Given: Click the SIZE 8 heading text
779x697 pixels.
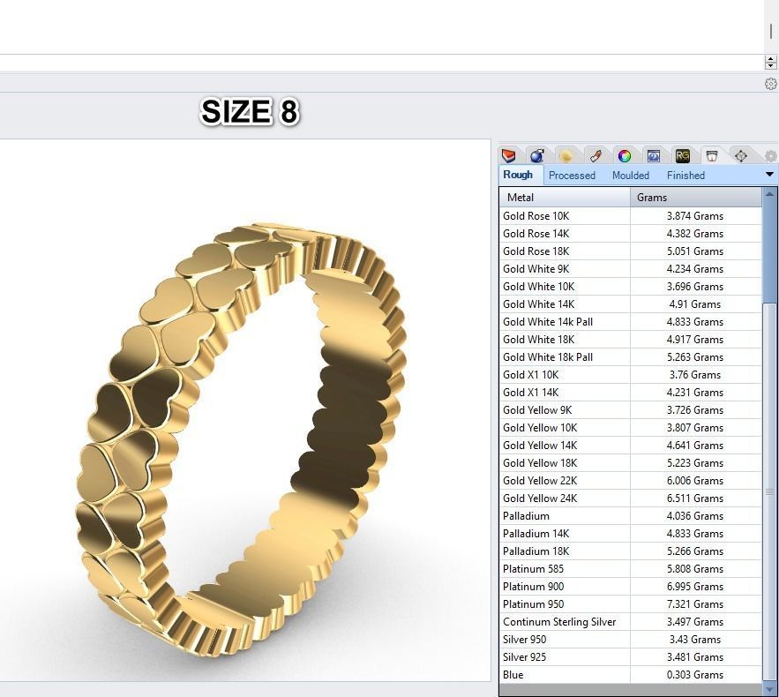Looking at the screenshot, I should [x=250, y=112].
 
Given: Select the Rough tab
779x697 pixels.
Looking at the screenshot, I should [x=518, y=175].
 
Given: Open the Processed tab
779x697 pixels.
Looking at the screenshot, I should [x=572, y=176].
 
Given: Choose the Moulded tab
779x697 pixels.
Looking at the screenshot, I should [x=631, y=176].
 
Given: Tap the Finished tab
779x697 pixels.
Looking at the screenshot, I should [x=685, y=176].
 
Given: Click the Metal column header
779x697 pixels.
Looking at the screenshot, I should [x=521, y=198].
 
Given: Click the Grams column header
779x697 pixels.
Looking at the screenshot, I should [x=652, y=198].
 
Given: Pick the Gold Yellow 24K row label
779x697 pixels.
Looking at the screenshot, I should [x=540, y=498].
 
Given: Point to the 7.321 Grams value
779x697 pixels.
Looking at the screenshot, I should [x=694, y=604].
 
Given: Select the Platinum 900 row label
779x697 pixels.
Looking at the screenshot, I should [x=534, y=587].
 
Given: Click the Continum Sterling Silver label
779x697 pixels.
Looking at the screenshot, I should [x=559, y=622].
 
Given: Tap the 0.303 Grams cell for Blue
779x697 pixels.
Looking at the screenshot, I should [x=694, y=675].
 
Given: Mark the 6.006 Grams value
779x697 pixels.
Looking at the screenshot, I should [x=694, y=481].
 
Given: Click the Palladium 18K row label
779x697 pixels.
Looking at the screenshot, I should [x=536, y=551].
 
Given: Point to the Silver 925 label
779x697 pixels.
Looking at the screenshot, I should [x=524, y=657].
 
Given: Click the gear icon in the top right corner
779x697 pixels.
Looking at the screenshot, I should [x=770, y=84].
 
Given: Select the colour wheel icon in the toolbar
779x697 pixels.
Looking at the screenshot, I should [x=625, y=156].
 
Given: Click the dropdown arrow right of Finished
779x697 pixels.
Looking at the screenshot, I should [x=769, y=175].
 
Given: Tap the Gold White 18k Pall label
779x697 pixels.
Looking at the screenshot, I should [x=548, y=357].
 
